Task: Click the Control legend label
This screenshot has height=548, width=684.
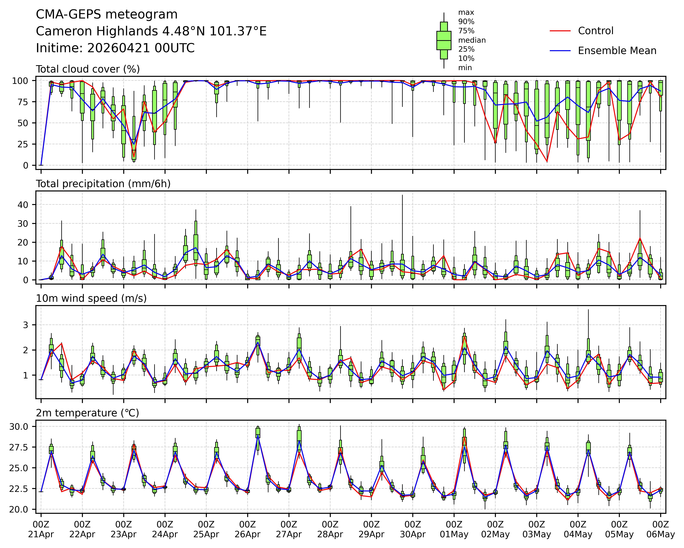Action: (x=596, y=31)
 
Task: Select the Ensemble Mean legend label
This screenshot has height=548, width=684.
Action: (x=617, y=51)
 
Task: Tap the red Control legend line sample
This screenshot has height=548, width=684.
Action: (x=560, y=31)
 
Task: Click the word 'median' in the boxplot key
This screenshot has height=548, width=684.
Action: (x=472, y=40)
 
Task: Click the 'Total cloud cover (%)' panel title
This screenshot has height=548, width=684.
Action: (x=88, y=69)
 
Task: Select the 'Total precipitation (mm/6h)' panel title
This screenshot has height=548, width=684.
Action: (x=103, y=184)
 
